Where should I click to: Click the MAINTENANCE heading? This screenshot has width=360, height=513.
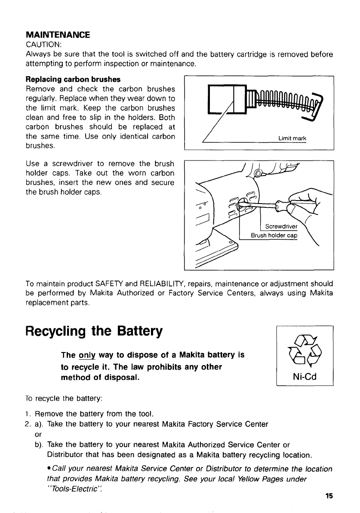[58, 34]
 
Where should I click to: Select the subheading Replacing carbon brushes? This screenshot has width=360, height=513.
[73, 80]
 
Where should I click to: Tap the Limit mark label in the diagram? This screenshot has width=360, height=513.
[293, 138]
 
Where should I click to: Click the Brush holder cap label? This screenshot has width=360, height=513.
[274, 235]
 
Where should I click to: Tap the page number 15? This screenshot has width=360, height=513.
[329, 496]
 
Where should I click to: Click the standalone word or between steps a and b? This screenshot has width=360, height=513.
[37, 434]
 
